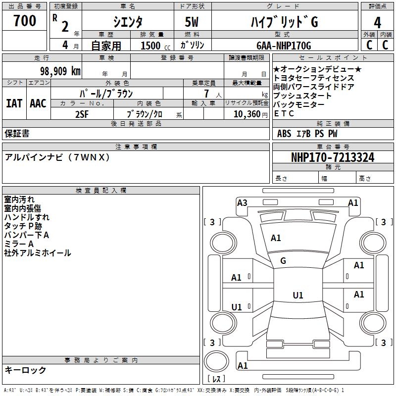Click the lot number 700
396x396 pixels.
(x=25, y=21)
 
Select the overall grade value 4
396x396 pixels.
(x=378, y=23)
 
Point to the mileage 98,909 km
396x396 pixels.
(x=60, y=71)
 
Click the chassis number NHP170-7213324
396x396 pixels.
(x=333, y=157)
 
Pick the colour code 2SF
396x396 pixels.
(x=82, y=114)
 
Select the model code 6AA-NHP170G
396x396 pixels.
(x=283, y=46)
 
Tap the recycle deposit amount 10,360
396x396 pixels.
(x=245, y=114)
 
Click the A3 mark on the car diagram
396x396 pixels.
(x=242, y=202)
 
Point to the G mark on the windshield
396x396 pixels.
(x=283, y=260)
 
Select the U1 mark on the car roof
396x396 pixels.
(x=297, y=295)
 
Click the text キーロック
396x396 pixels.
(x=26, y=370)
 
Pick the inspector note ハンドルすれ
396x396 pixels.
(x=27, y=217)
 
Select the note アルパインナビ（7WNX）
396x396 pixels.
(x=57, y=157)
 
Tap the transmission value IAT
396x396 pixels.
(x=14, y=103)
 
